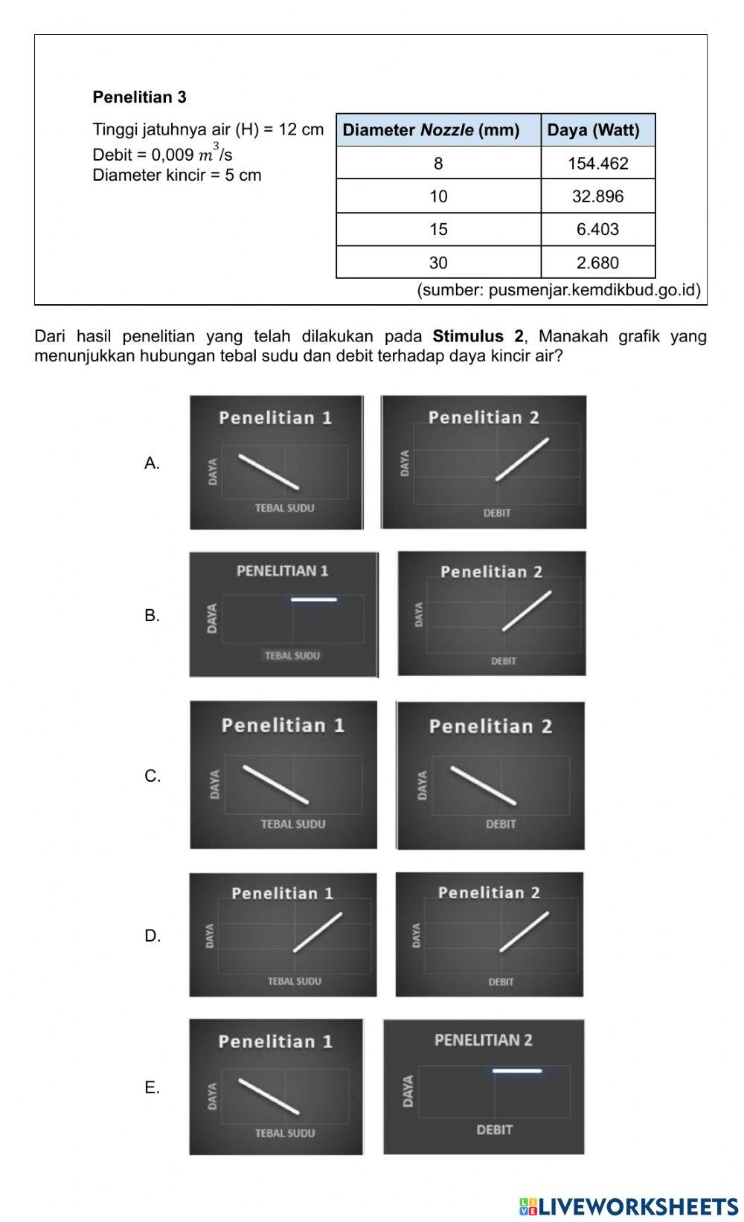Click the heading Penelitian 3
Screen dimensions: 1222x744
point(139,97)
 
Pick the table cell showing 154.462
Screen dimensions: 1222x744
point(597,164)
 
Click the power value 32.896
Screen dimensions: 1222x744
point(597,196)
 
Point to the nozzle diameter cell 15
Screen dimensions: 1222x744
point(438,229)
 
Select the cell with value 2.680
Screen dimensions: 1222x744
point(597,263)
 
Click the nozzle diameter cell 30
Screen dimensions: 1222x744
point(438,263)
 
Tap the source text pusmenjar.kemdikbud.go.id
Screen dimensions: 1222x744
point(558,290)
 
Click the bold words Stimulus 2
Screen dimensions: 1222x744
point(478,336)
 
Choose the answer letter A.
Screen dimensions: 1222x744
point(152,463)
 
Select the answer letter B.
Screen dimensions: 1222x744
point(152,616)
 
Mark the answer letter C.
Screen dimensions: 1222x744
point(152,776)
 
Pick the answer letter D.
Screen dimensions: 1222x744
point(152,936)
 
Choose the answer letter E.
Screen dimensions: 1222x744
point(152,1087)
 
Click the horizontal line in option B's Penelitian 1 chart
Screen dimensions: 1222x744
point(313,599)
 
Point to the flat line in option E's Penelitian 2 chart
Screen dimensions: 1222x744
point(517,1071)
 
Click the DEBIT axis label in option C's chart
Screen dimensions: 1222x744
point(501,824)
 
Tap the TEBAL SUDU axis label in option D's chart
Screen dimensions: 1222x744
point(295,981)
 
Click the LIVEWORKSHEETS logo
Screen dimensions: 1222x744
point(629,1206)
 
